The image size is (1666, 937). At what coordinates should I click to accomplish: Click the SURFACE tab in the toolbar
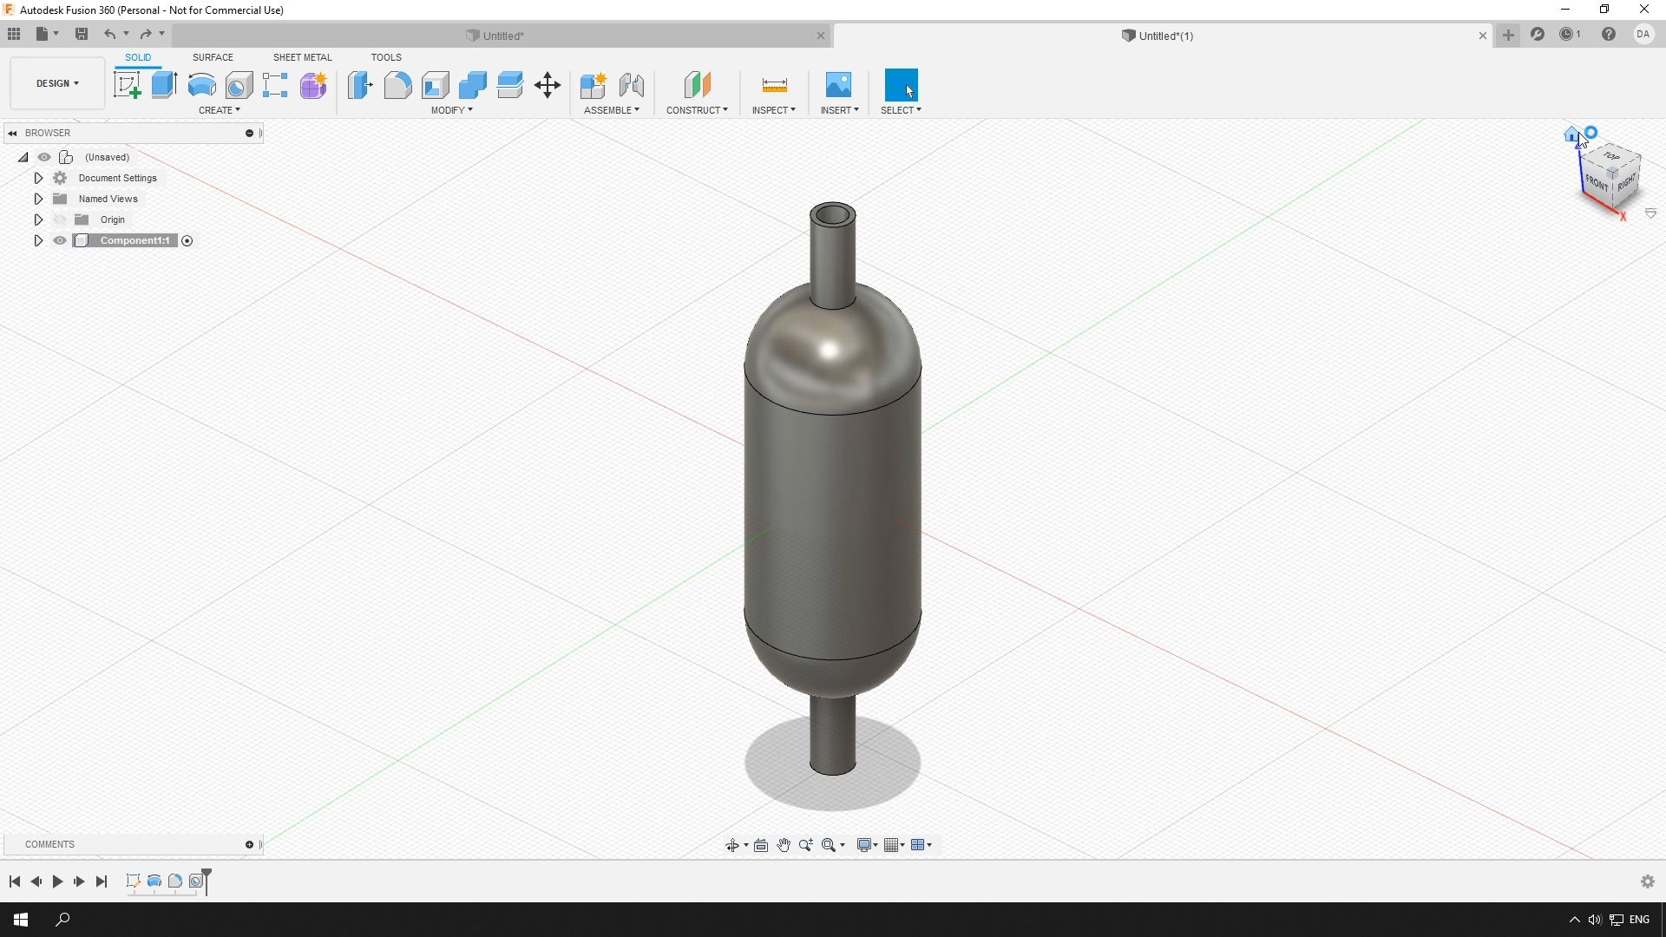click(x=213, y=57)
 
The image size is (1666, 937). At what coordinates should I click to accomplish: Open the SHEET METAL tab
click(x=302, y=57)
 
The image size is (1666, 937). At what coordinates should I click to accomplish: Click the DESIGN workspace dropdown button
click(x=57, y=83)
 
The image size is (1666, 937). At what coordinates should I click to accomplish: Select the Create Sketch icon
click(x=128, y=85)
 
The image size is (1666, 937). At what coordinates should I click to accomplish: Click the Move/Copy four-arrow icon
click(x=548, y=85)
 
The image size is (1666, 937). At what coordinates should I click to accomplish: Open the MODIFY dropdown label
click(x=451, y=110)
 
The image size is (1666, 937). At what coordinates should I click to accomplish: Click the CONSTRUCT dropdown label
click(x=697, y=110)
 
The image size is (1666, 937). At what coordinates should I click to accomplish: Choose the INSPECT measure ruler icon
click(x=774, y=85)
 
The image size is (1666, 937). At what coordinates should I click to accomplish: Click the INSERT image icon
click(x=838, y=85)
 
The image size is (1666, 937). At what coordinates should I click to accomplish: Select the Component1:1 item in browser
click(x=134, y=240)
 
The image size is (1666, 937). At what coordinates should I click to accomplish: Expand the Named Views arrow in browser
click(x=38, y=199)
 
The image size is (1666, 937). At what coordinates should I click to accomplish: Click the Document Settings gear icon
click(x=60, y=178)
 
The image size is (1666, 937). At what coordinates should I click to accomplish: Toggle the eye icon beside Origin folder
click(x=60, y=220)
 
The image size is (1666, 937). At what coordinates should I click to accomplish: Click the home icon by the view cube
click(x=1571, y=134)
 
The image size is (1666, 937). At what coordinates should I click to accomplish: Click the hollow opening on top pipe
click(x=833, y=215)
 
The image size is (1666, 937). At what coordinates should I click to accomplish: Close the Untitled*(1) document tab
click(x=1482, y=36)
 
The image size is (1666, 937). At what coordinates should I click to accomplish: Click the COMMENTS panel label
click(x=49, y=844)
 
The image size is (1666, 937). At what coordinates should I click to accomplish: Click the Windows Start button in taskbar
click(x=21, y=920)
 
